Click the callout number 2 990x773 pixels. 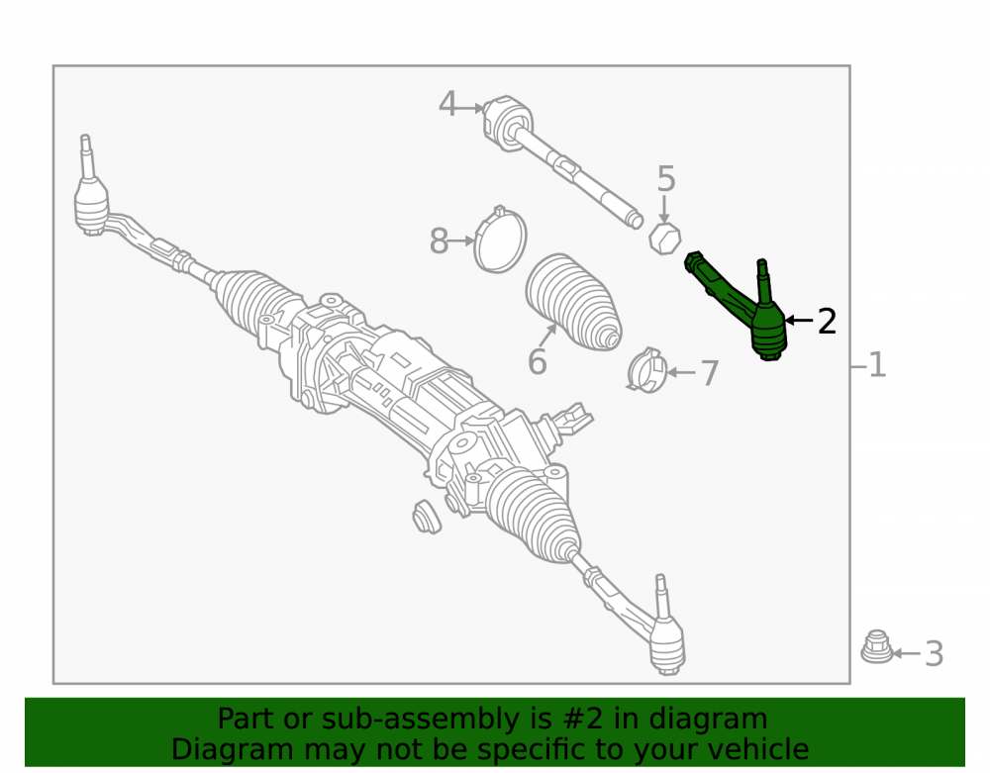point(827,322)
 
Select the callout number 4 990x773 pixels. point(447,104)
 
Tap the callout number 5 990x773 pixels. point(666,179)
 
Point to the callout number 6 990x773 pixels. point(538,361)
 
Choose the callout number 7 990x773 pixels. point(710,373)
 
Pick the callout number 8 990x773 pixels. point(439,242)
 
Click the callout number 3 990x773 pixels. point(935,654)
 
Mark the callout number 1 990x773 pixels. point(877,365)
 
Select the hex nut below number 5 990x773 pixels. point(665,239)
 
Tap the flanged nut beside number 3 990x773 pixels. point(876,646)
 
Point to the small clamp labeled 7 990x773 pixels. point(646,370)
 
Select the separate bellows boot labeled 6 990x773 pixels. point(573,302)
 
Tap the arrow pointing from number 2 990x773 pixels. point(799,321)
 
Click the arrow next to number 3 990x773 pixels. point(906,654)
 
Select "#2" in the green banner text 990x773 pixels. point(582,719)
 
